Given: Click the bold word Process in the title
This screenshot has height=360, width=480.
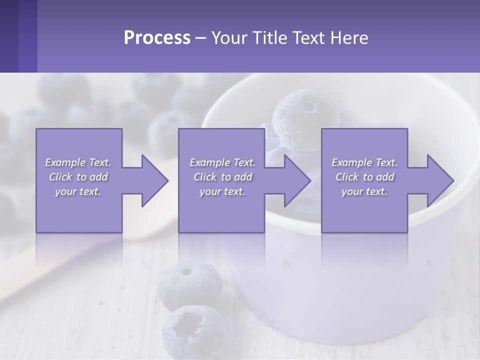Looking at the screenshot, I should click(157, 38).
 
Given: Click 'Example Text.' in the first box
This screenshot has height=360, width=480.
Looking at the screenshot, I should click(78, 162).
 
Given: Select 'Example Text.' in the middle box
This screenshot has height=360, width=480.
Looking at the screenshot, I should click(222, 162).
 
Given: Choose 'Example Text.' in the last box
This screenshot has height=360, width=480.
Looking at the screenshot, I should click(364, 162).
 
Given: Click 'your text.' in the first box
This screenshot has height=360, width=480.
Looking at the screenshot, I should click(78, 191).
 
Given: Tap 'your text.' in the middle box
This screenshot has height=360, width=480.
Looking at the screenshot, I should click(222, 191).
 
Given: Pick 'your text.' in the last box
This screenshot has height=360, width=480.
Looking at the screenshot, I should click(364, 191).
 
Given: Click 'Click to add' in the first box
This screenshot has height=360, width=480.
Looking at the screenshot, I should click(78, 177).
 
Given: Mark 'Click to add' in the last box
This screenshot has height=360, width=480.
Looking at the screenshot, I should click(364, 177).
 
